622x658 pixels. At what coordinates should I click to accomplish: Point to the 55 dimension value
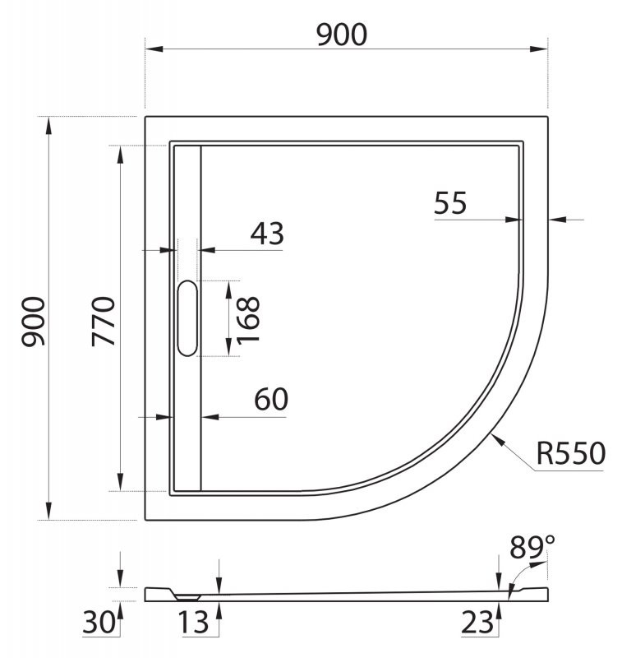(450, 202)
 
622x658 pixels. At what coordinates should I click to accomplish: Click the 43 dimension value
(266, 234)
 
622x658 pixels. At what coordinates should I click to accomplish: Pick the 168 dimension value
(246, 318)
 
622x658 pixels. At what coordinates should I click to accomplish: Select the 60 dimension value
(270, 400)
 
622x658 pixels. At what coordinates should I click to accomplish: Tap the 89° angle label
(532, 546)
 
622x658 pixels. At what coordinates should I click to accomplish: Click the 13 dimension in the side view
(196, 623)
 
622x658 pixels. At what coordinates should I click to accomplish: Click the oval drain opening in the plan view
(187, 318)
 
